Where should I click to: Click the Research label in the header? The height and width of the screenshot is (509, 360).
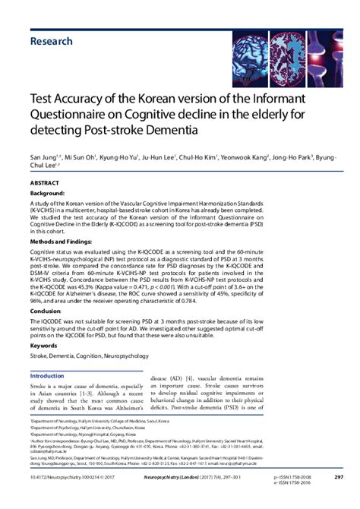tap(52, 41)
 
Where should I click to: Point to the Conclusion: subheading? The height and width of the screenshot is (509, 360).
tap(48, 311)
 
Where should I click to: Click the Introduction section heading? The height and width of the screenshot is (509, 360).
tap(57, 376)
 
